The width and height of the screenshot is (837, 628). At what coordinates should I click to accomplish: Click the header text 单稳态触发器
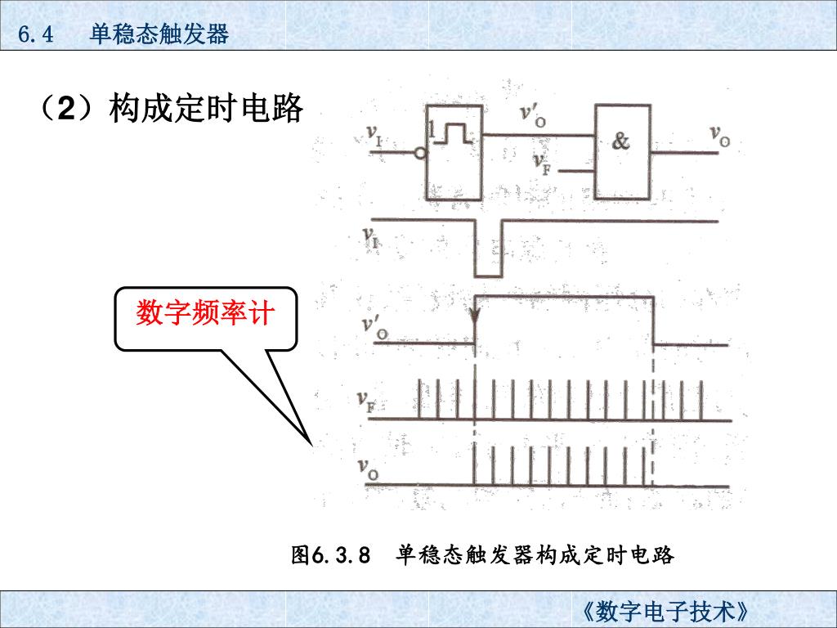coord(159,34)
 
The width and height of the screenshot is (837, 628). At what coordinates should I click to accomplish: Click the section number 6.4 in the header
coord(35,35)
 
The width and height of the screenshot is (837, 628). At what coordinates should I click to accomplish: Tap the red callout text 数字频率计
coord(204,313)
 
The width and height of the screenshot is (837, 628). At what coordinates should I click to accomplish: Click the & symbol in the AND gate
coord(621,141)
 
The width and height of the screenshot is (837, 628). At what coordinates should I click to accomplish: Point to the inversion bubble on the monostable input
coord(420,153)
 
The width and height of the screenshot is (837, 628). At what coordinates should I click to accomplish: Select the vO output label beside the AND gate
coord(719,135)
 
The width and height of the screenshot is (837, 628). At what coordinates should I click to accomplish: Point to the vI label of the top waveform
coord(370,235)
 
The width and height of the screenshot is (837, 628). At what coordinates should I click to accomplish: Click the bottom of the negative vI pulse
coord(488,276)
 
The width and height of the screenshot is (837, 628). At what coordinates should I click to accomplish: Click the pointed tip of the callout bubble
coord(311,442)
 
